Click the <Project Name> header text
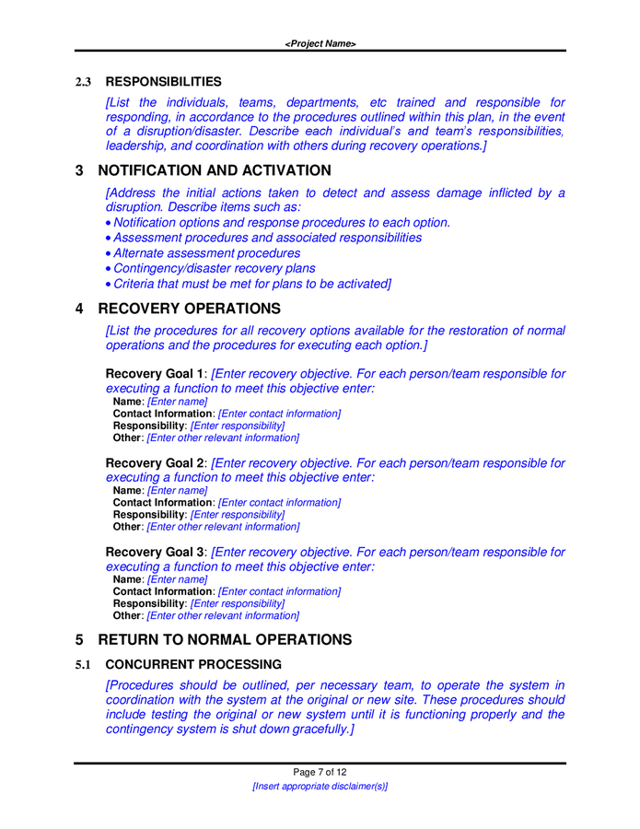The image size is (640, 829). (320, 43)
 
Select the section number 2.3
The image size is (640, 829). (83, 82)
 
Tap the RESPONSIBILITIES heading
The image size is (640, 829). (163, 82)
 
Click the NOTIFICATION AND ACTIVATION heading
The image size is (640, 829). (214, 170)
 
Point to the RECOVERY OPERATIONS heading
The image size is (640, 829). (189, 309)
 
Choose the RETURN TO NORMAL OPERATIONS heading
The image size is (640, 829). (225, 639)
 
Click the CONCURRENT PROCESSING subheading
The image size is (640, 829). (193, 664)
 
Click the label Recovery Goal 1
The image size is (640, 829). (155, 374)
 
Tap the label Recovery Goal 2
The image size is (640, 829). (155, 463)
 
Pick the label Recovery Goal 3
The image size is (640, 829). (155, 553)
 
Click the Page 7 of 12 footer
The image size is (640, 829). (320, 772)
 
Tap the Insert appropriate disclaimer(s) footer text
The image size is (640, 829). (320, 787)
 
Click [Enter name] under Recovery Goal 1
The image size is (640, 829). (177, 402)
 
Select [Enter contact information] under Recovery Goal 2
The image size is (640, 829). (279, 503)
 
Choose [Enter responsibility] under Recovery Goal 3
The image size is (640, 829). (238, 603)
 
